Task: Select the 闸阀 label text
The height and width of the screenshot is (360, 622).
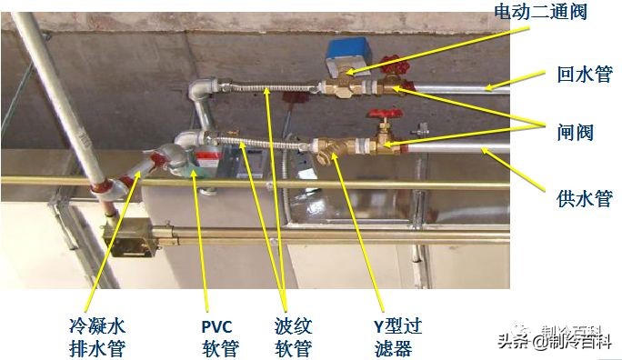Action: click(x=575, y=132)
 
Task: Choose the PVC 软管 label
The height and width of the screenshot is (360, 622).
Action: click(x=219, y=336)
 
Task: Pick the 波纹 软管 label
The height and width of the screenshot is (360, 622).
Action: click(x=293, y=336)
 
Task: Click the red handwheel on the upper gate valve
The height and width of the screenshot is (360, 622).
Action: click(x=392, y=66)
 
